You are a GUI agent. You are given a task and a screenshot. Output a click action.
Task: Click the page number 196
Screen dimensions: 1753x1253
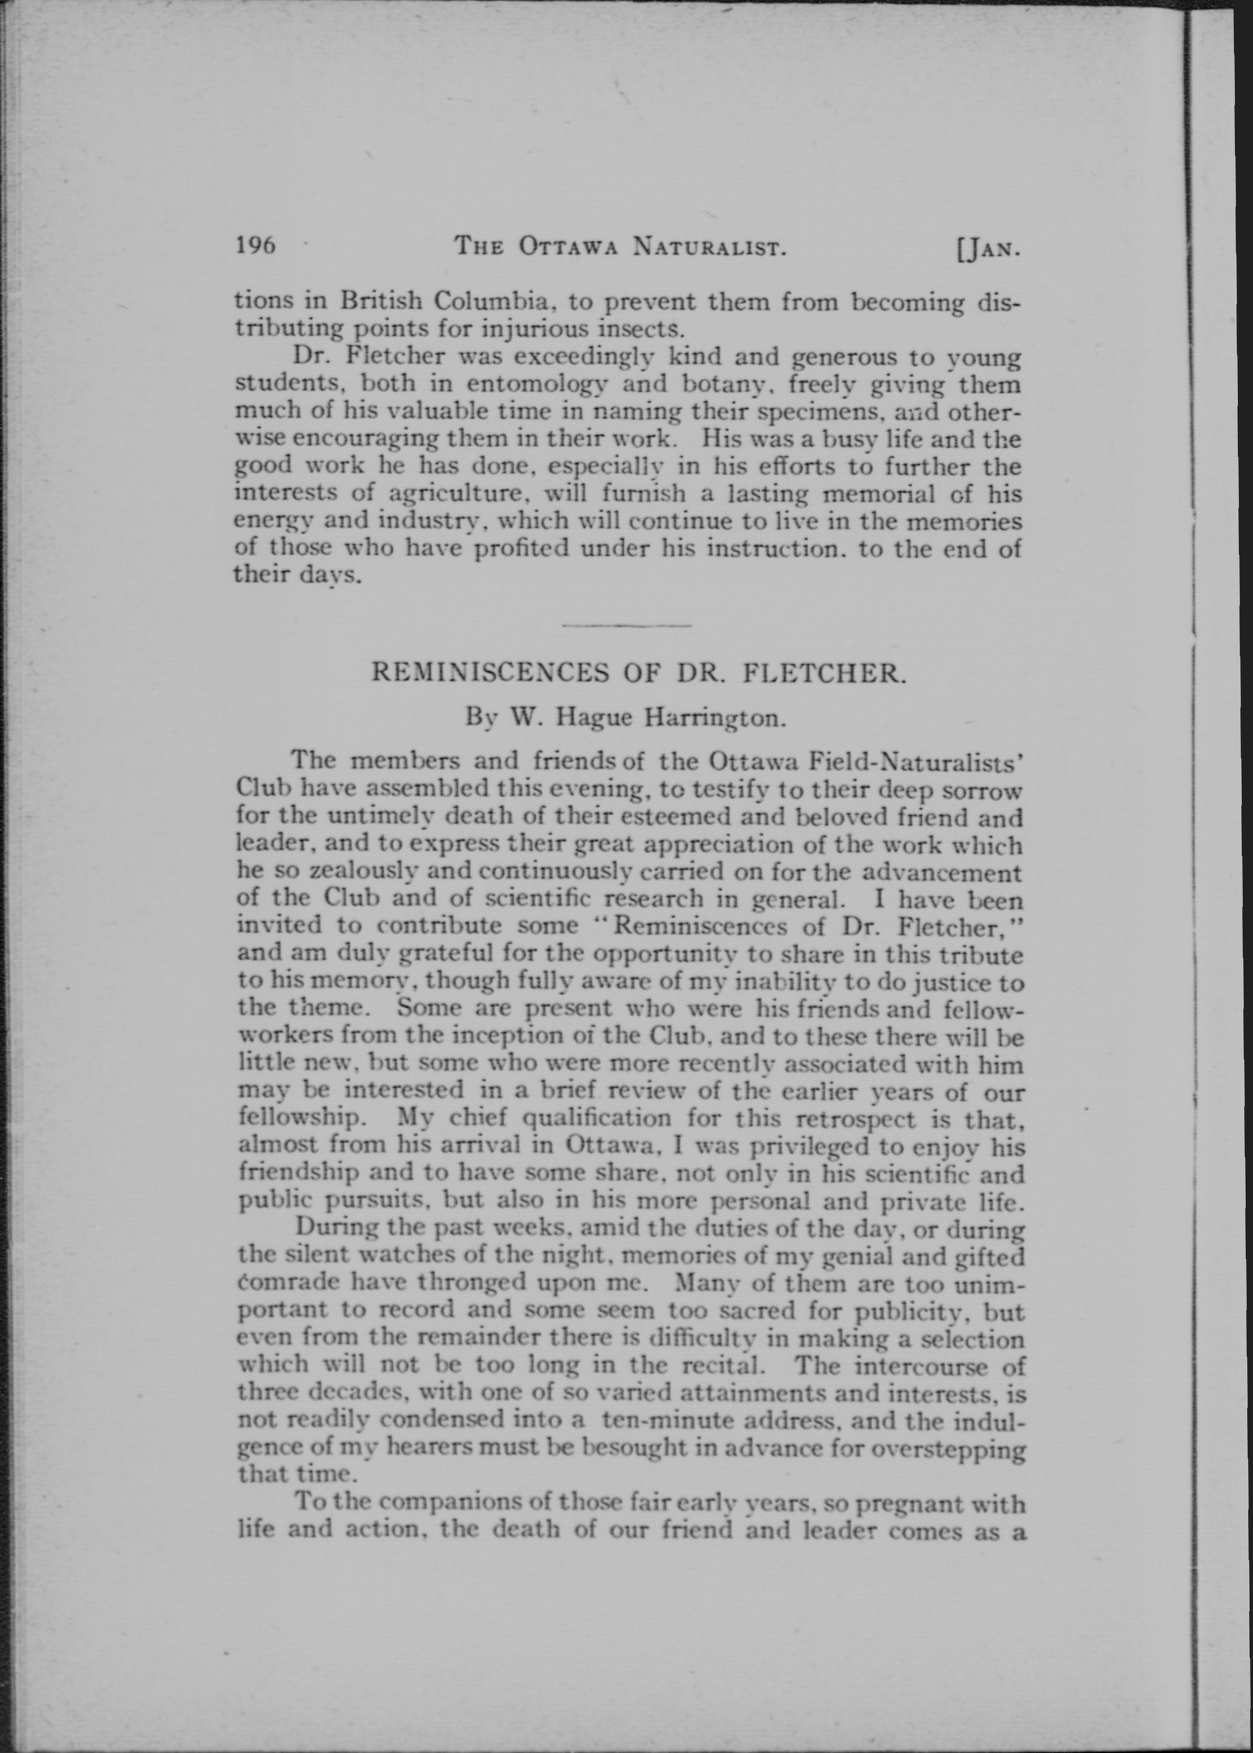(x=255, y=246)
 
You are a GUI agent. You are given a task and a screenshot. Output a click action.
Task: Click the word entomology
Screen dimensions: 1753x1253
(x=537, y=383)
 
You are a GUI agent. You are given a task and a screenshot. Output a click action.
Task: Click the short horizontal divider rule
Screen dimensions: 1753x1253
(x=627, y=625)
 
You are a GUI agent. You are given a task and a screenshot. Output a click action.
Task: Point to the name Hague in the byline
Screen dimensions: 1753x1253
(x=594, y=719)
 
